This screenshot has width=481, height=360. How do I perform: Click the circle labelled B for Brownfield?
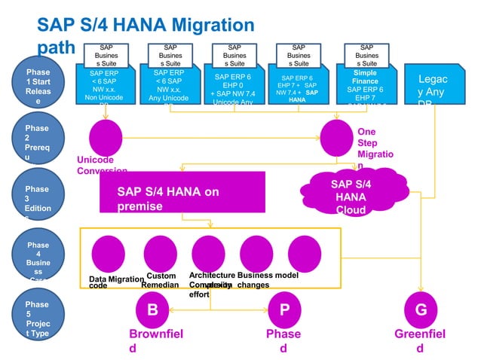[152, 310]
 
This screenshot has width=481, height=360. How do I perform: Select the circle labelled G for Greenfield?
[421, 310]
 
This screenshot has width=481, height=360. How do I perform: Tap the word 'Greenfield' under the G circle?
[420, 340]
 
